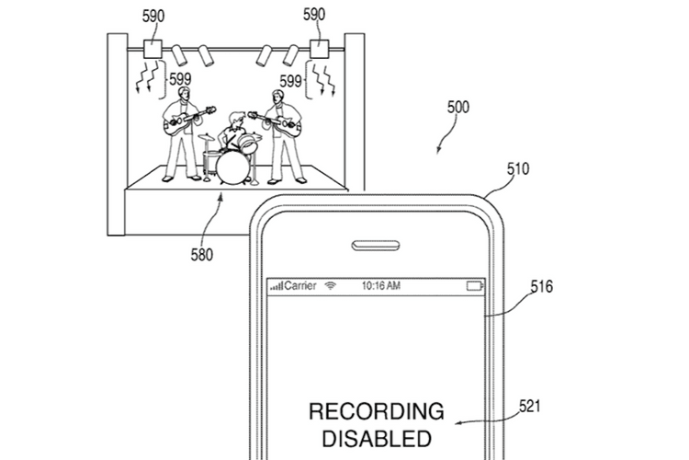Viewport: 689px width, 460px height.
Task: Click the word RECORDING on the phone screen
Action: click(376, 411)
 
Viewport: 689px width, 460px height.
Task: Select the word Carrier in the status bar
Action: click(300, 286)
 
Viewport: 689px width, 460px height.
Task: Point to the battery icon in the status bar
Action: click(474, 286)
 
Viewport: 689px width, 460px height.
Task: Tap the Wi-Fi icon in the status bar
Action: click(331, 286)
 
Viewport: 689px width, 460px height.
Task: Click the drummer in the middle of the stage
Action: click(240, 133)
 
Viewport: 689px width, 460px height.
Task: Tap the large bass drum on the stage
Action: click(231, 166)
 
